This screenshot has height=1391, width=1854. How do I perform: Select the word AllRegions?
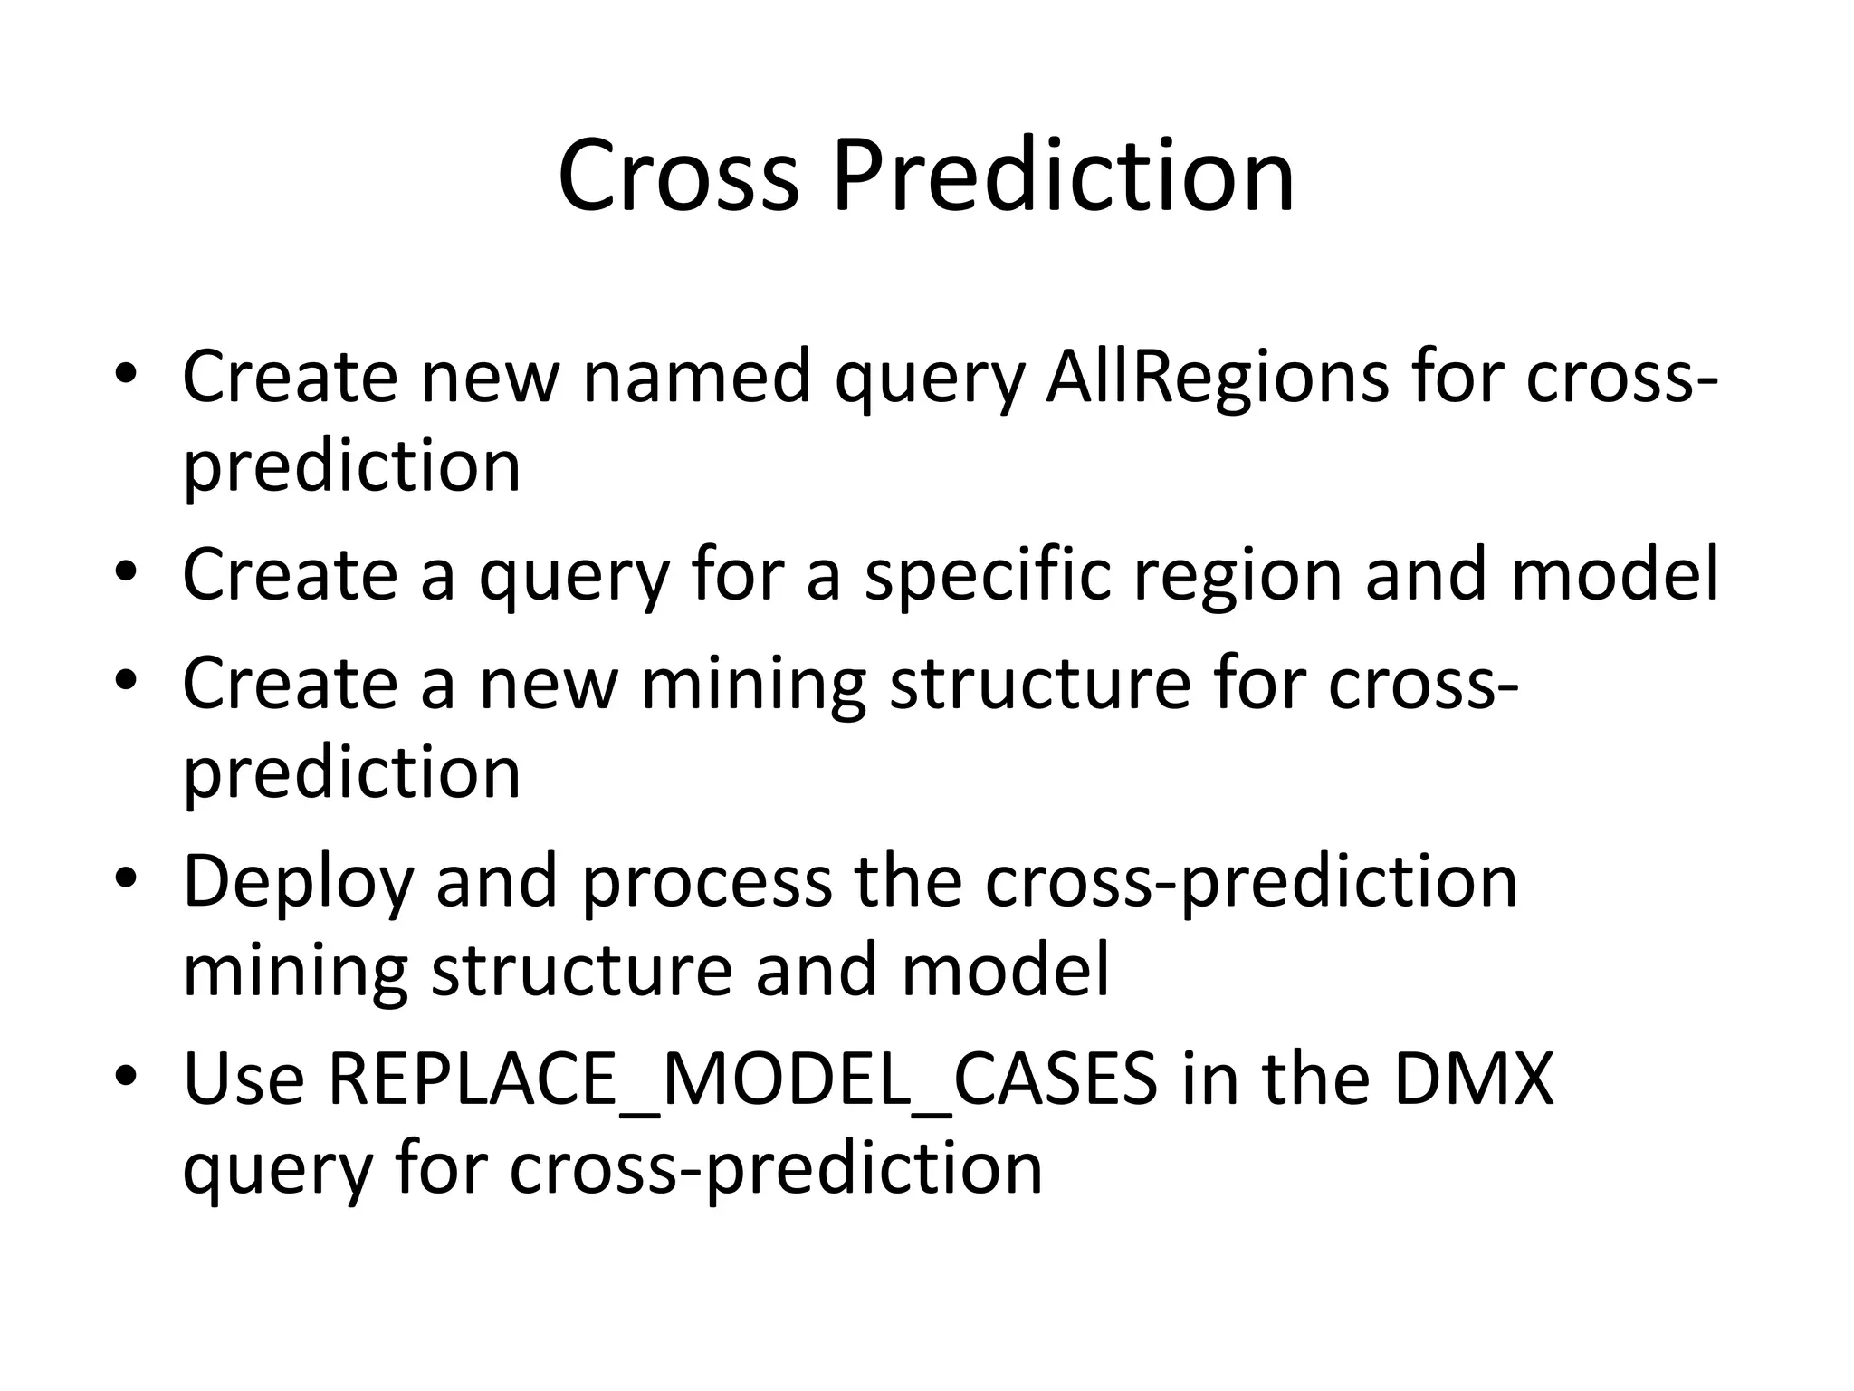[x=1217, y=376]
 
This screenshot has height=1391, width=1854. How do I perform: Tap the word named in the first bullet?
[x=696, y=376]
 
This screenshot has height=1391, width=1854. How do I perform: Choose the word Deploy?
[x=298, y=881]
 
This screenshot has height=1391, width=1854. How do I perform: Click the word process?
[x=705, y=881]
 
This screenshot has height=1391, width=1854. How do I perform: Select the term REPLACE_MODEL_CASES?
[x=742, y=1079]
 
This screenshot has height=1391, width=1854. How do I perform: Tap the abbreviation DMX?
[x=1473, y=1079]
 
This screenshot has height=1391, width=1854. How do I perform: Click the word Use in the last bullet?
[x=243, y=1079]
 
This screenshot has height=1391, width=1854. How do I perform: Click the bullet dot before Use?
[x=126, y=1075]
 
